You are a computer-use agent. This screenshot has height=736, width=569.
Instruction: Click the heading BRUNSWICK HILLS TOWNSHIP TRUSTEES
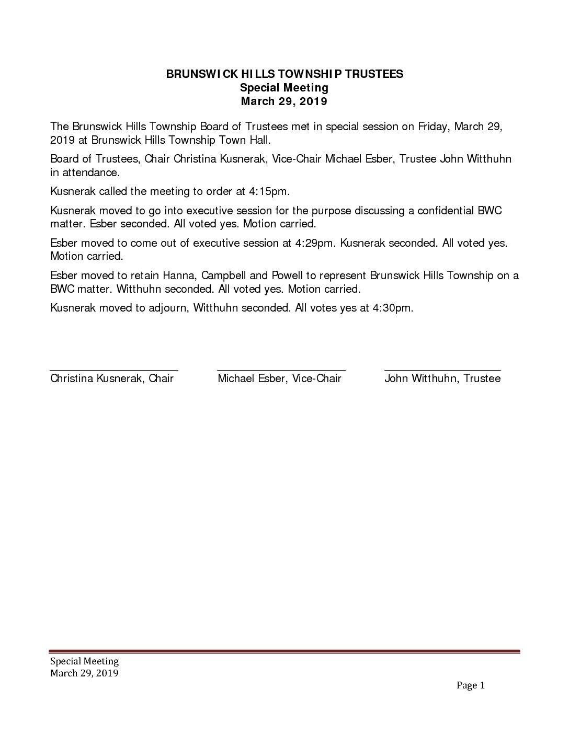284,74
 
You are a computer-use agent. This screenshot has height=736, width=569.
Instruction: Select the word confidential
446,211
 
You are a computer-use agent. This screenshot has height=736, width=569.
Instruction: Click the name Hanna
225,275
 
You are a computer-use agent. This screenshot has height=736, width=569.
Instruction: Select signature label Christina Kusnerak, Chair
112,378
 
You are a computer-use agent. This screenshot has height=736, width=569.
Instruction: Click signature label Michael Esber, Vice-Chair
279,378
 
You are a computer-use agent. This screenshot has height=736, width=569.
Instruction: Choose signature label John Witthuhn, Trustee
442,378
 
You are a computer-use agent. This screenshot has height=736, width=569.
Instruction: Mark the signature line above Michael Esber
281,370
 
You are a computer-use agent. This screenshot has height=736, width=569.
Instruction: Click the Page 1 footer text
471,685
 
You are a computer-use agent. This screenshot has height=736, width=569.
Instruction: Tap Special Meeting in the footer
84,662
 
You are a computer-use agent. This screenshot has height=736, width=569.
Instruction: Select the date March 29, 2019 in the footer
84,673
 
